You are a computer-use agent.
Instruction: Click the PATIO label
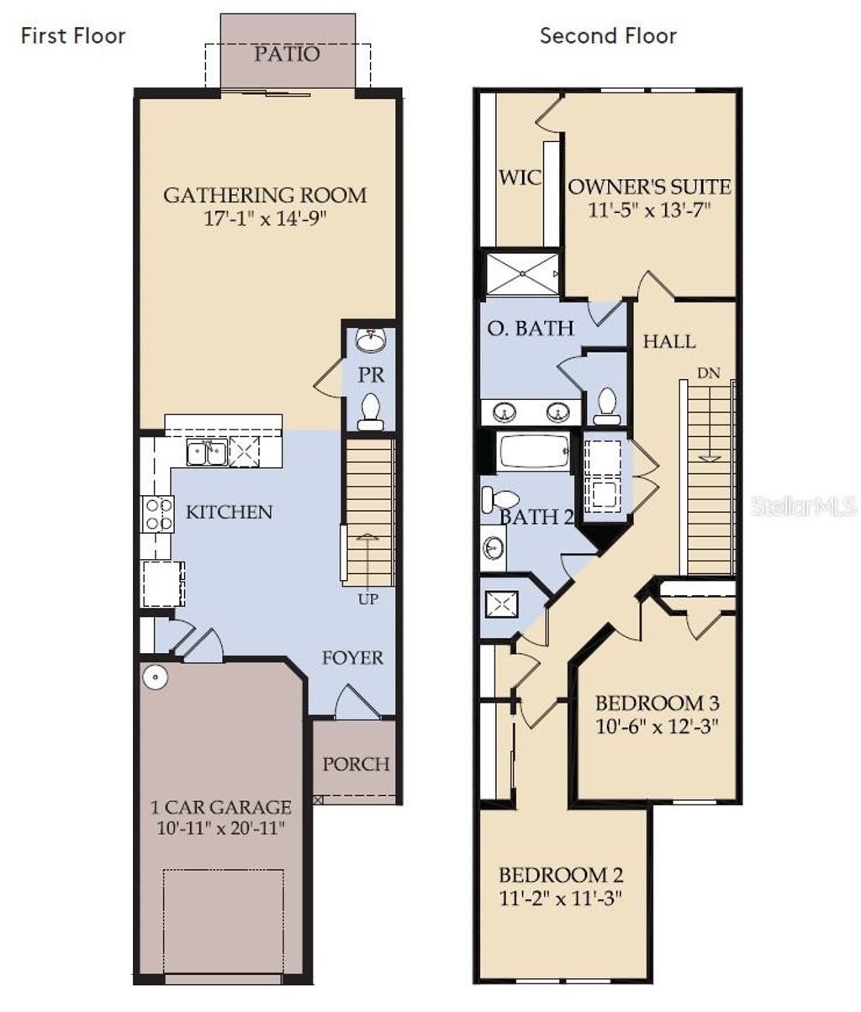(x=287, y=55)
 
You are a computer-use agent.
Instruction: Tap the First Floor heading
(x=73, y=35)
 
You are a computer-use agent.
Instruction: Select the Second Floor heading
(x=608, y=35)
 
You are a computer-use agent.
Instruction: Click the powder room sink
(x=370, y=340)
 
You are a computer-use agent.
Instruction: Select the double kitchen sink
(x=206, y=453)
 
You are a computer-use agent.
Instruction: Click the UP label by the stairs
(x=368, y=599)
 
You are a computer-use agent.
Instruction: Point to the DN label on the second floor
(x=709, y=373)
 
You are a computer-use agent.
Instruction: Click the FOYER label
(x=352, y=658)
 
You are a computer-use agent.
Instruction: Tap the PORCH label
(x=357, y=764)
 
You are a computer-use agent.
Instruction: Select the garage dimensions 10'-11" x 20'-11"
(x=222, y=828)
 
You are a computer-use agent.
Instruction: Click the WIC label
(x=520, y=178)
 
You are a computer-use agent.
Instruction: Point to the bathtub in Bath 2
(x=535, y=451)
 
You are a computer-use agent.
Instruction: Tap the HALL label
(x=669, y=341)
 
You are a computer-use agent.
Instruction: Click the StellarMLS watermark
(x=804, y=505)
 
